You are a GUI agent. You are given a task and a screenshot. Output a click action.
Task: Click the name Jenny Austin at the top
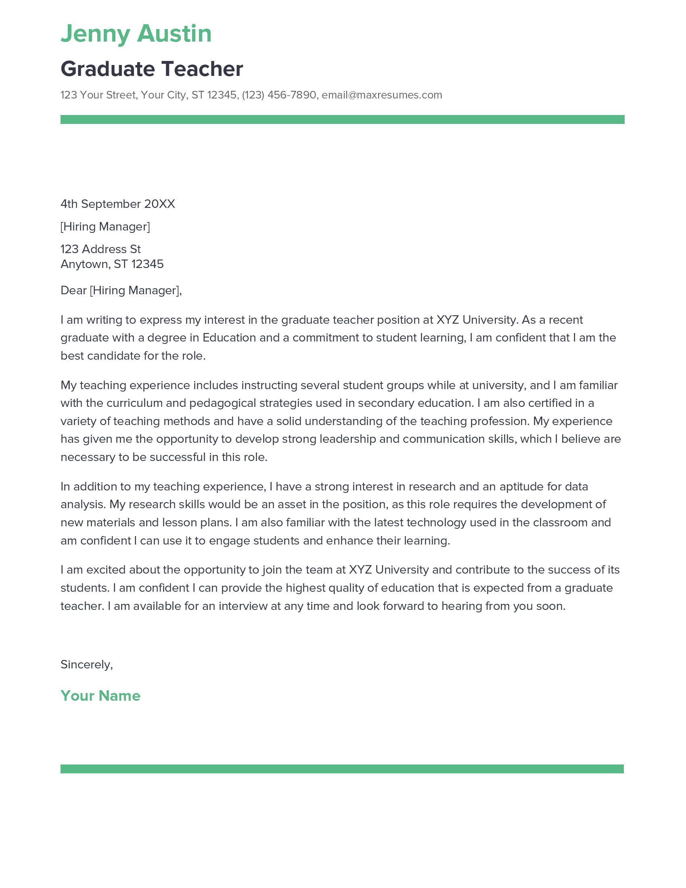click(x=136, y=34)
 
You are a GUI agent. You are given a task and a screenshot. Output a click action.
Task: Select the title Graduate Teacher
click(x=152, y=69)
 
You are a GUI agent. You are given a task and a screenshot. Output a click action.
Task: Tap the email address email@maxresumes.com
click(x=382, y=95)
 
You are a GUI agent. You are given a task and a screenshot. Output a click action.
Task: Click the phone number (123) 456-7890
click(x=279, y=95)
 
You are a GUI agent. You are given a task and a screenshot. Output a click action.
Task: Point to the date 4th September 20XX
click(x=117, y=204)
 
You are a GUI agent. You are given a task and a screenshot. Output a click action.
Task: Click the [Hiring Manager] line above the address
click(x=105, y=226)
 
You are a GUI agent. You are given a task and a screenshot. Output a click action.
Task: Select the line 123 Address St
click(x=100, y=249)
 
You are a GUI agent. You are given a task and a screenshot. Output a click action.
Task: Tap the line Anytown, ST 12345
click(x=112, y=264)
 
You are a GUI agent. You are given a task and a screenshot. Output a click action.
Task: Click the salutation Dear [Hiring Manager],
click(x=121, y=290)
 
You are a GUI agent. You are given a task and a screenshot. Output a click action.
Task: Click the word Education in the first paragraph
click(x=229, y=338)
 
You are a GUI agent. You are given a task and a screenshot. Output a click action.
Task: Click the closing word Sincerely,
click(x=87, y=664)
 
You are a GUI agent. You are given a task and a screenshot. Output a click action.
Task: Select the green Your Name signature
click(x=100, y=696)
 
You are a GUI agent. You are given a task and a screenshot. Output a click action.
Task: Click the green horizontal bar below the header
click(x=342, y=119)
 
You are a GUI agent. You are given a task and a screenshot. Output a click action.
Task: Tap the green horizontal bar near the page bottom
click(x=342, y=769)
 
